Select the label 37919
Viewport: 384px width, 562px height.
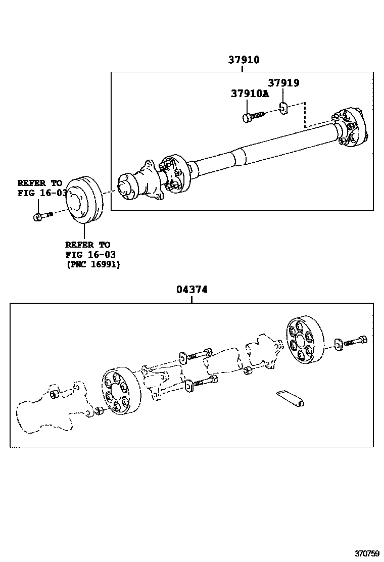click(x=283, y=83)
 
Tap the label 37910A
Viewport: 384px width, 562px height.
click(x=250, y=93)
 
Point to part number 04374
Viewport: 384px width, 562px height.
click(x=192, y=290)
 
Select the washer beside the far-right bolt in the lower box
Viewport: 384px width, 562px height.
click(x=338, y=347)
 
